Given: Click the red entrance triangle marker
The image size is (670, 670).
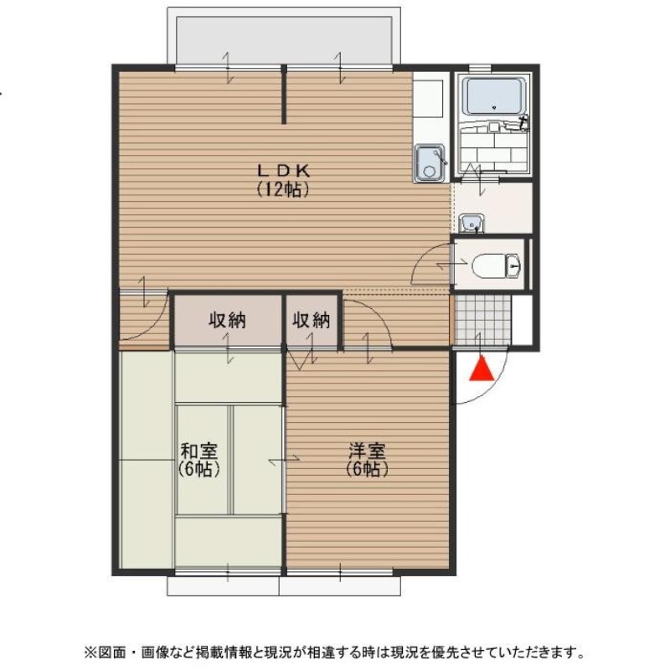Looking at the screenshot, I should point(480,369).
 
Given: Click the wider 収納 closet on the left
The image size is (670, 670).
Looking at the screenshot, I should point(227,319).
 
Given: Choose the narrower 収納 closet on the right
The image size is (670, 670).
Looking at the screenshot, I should point(312,319).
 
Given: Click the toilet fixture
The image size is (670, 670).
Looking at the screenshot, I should point(497,266).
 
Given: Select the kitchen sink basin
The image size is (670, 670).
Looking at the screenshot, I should point(430,162).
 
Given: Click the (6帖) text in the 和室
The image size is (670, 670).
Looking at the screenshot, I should point(199,469).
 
